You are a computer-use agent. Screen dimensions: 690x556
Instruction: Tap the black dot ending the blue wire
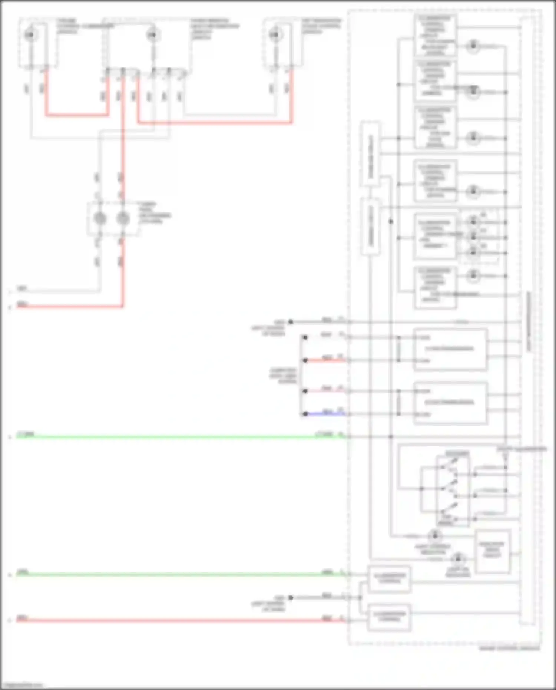coord(305,414)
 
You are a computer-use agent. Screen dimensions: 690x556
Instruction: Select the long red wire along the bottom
coord(178,620)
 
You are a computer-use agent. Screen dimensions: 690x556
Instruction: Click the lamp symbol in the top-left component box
coord(30,35)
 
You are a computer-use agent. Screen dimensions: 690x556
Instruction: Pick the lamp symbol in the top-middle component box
coord(152,36)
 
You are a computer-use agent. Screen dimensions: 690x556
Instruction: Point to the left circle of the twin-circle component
coord(100,219)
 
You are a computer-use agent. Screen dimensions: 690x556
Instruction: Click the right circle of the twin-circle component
coord(123,219)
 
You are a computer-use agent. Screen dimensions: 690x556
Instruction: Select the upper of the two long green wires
coord(178,437)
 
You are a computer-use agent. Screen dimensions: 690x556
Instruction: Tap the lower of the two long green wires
coord(178,574)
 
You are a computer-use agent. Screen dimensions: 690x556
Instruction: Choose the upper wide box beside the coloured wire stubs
coord(450,349)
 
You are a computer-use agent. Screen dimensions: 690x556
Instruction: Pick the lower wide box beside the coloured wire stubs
coord(450,403)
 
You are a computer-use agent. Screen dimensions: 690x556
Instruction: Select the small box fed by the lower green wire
coord(389,579)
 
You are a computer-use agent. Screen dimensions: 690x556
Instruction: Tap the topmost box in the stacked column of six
coord(435,36)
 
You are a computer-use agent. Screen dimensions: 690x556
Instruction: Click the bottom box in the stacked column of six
coord(435,287)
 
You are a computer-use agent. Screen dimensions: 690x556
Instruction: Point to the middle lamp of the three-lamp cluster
coord(473,237)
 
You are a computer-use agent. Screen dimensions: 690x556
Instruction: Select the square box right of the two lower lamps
coord(493,551)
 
